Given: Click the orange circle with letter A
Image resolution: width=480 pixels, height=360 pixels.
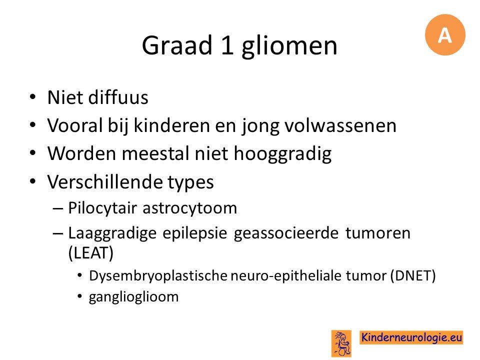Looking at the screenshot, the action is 445,34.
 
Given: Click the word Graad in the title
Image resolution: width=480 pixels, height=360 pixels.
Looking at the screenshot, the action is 177,45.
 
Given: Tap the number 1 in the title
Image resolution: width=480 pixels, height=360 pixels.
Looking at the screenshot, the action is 227,45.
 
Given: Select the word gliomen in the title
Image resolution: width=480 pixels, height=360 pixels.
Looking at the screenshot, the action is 289,46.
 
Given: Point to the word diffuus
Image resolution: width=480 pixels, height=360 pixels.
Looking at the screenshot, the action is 118,97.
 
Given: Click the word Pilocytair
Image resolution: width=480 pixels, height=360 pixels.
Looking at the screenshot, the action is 102,208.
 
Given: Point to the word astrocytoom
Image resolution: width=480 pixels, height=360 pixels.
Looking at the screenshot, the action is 190,208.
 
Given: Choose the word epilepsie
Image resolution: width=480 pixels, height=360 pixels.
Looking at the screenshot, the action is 194,233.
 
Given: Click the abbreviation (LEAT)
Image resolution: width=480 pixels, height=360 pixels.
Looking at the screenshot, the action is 91,252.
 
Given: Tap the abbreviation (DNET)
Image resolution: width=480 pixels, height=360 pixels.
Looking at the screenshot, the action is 412,275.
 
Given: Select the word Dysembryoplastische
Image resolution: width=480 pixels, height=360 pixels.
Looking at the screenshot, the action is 158,276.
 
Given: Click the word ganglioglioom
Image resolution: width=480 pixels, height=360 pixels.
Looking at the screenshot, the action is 134,297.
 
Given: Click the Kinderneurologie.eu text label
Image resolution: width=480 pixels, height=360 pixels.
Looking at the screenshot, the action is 411,337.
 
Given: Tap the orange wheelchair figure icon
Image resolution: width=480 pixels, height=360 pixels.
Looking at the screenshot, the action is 341,343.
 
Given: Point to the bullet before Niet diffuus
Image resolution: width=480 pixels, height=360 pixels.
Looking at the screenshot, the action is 32,97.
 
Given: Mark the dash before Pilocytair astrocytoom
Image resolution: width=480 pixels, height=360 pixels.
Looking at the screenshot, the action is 58,209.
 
